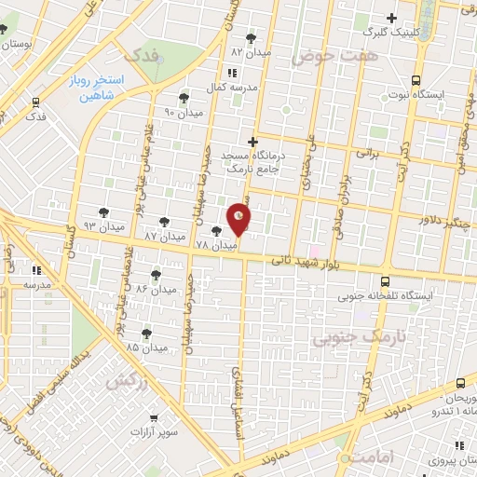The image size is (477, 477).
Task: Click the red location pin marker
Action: (239, 219)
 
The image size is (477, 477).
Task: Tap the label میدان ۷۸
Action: (197, 244)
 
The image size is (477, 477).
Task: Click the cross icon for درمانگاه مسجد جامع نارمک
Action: (252, 141)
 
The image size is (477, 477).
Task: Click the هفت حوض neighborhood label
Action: (322, 57)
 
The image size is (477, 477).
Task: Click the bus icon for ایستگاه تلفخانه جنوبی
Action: (386, 280)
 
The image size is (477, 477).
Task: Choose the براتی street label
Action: (368, 150)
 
